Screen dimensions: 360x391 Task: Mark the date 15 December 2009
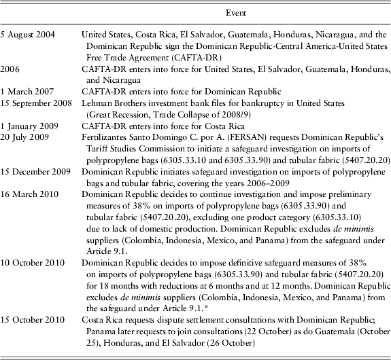[x=35, y=170]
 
